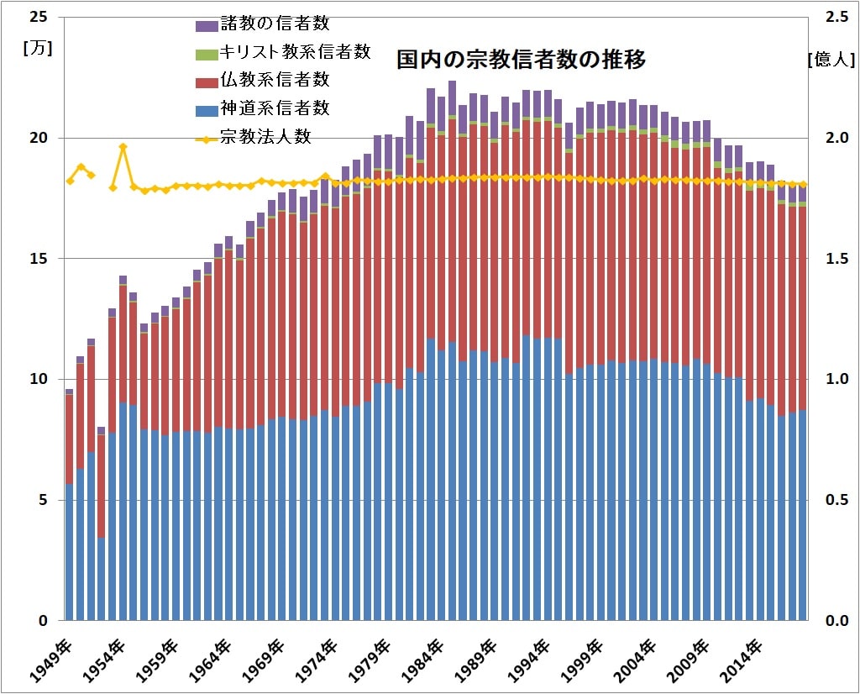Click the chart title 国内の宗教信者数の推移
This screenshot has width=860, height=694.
521,60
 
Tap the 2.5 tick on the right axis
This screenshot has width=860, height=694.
834,17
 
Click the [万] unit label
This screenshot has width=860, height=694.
39,48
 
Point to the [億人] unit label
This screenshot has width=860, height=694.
831,59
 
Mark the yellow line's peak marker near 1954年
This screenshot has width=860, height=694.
123,147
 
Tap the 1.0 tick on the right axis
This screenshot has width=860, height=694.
834,380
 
